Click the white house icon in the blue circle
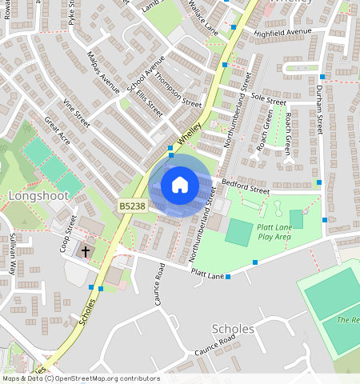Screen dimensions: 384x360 180,185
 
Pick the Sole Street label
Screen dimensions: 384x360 269,100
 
